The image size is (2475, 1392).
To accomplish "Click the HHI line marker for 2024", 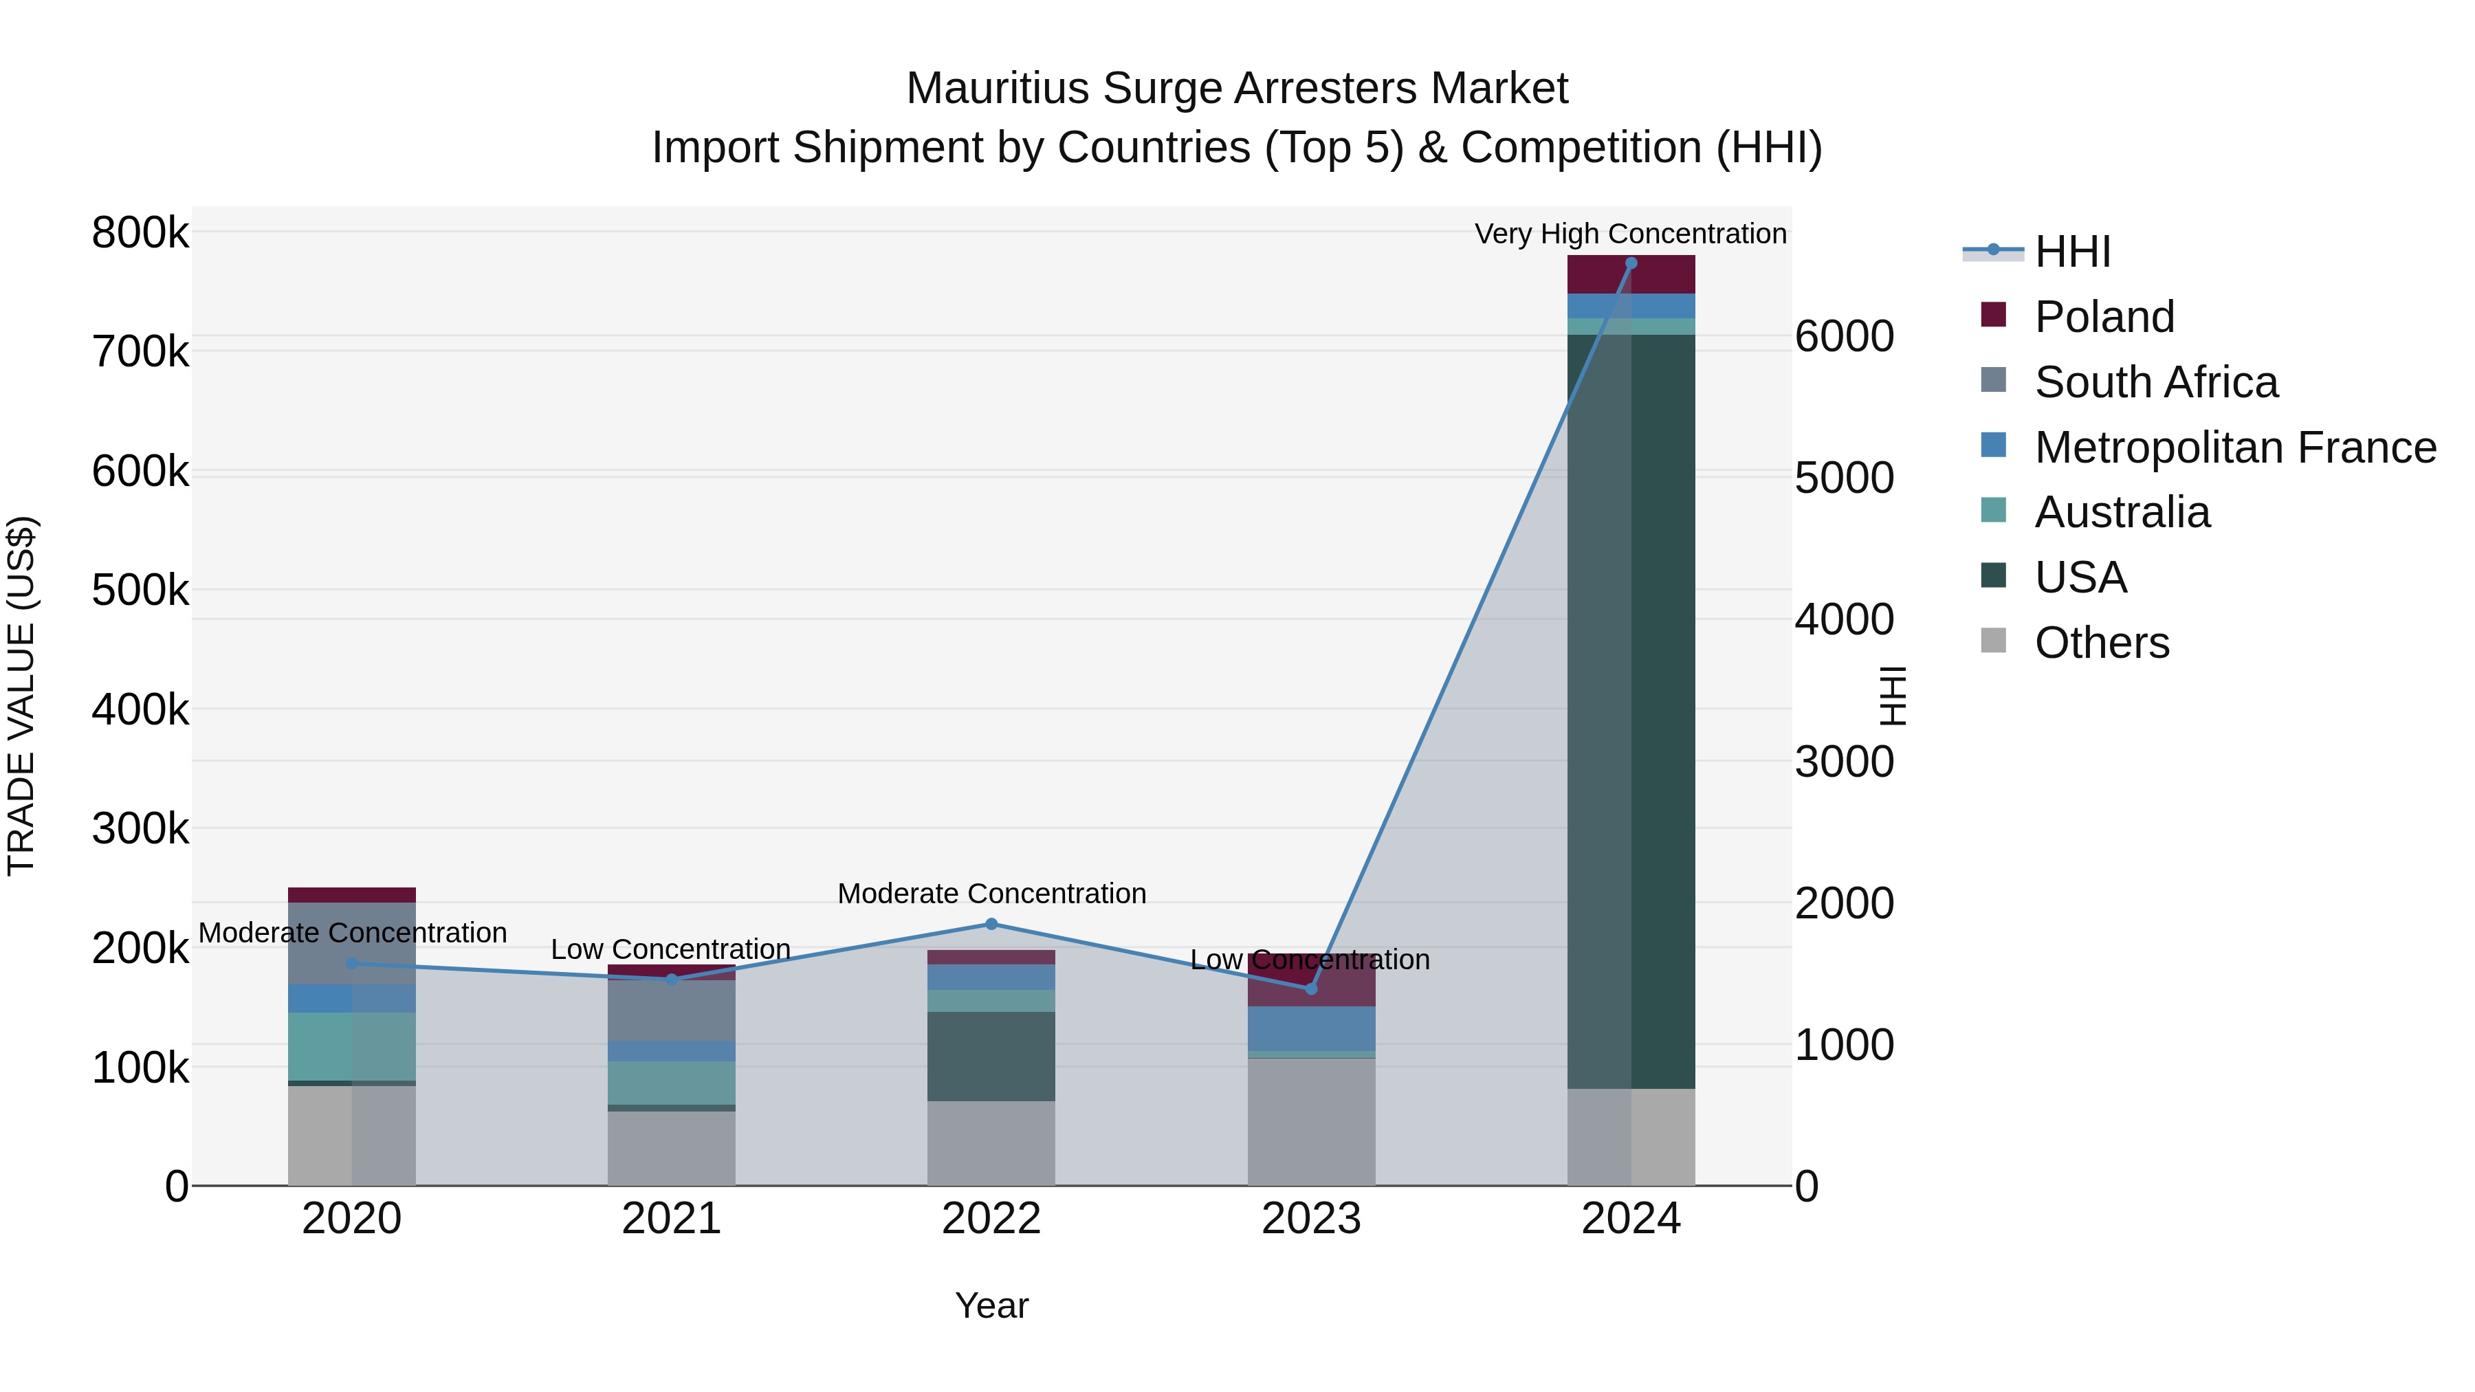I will (x=1631, y=263).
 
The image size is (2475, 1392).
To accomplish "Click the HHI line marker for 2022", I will (x=991, y=924).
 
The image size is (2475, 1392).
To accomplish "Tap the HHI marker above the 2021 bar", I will (x=672, y=980).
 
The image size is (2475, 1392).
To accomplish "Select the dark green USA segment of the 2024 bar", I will (x=1662, y=711).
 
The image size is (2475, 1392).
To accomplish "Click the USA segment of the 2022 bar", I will (x=991, y=1056).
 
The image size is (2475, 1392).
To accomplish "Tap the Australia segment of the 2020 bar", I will (x=351, y=1046).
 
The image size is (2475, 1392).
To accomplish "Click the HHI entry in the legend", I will (x=2071, y=252).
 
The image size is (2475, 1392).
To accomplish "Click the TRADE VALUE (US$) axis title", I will (x=22, y=696).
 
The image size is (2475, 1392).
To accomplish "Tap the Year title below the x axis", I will (x=991, y=1305).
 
